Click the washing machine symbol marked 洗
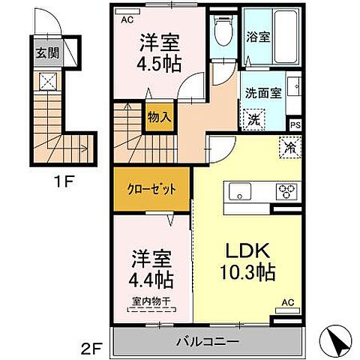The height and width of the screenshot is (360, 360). pos(253,118)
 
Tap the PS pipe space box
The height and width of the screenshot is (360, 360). pos(295,125)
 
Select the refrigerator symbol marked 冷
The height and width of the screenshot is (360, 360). pos(288,147)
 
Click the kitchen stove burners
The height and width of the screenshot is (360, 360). pos(287,191)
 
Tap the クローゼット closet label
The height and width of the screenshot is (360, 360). pos(152,190)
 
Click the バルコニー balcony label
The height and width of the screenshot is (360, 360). pos(208,341)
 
